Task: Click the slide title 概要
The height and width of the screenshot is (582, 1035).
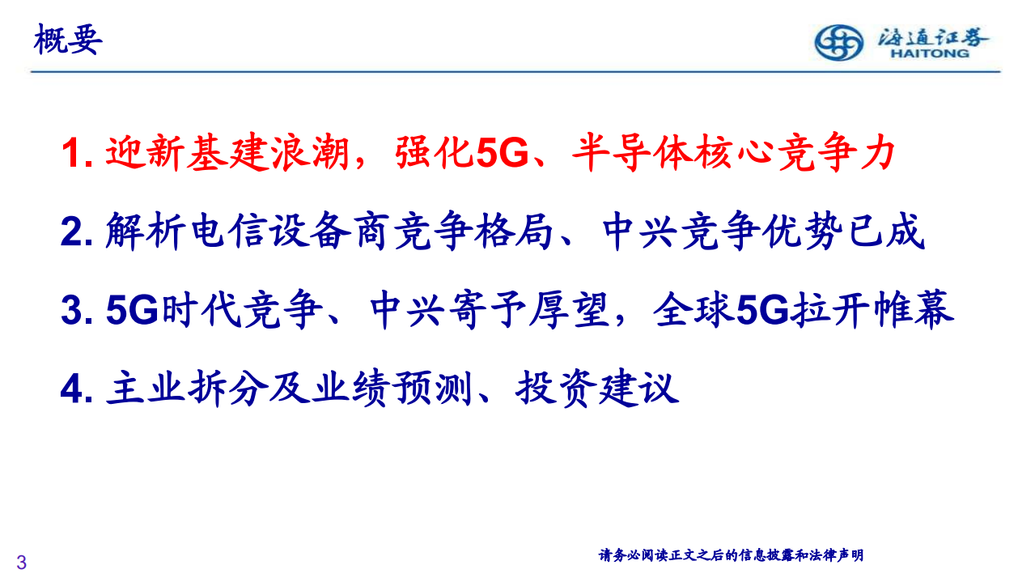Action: click(68, 40)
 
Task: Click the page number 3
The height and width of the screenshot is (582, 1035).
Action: click(22, 562)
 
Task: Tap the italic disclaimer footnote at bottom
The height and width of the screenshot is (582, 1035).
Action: click(731, 555)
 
